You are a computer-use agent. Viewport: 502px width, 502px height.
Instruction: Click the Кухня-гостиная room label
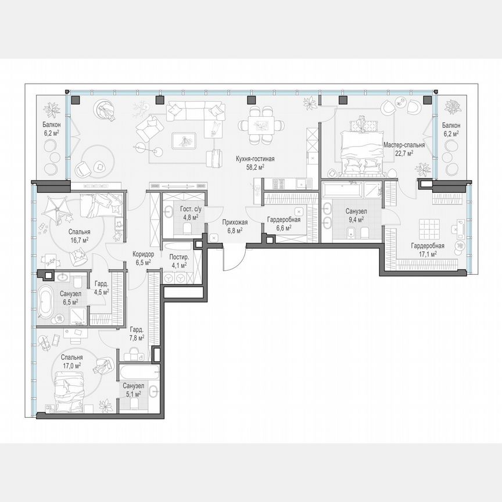(x=254, y=158)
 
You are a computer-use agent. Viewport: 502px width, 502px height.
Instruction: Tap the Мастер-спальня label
(x=403, y=145)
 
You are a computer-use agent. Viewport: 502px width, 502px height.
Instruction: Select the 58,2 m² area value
(x=254, y=166)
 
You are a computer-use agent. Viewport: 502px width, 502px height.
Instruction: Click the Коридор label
(x=143, y=254)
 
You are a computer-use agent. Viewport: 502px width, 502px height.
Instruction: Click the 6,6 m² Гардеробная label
(x=284, y=220)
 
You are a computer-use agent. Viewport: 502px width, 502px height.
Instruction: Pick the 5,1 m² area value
(x=133, y=393)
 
